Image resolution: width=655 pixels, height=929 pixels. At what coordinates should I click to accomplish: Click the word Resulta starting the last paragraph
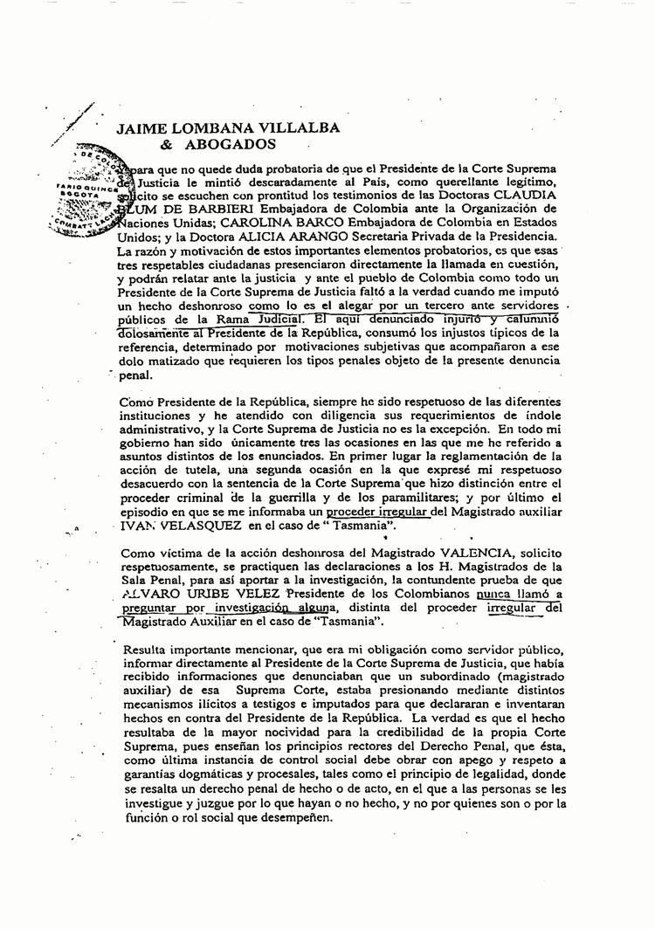(x=144, y=650)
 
